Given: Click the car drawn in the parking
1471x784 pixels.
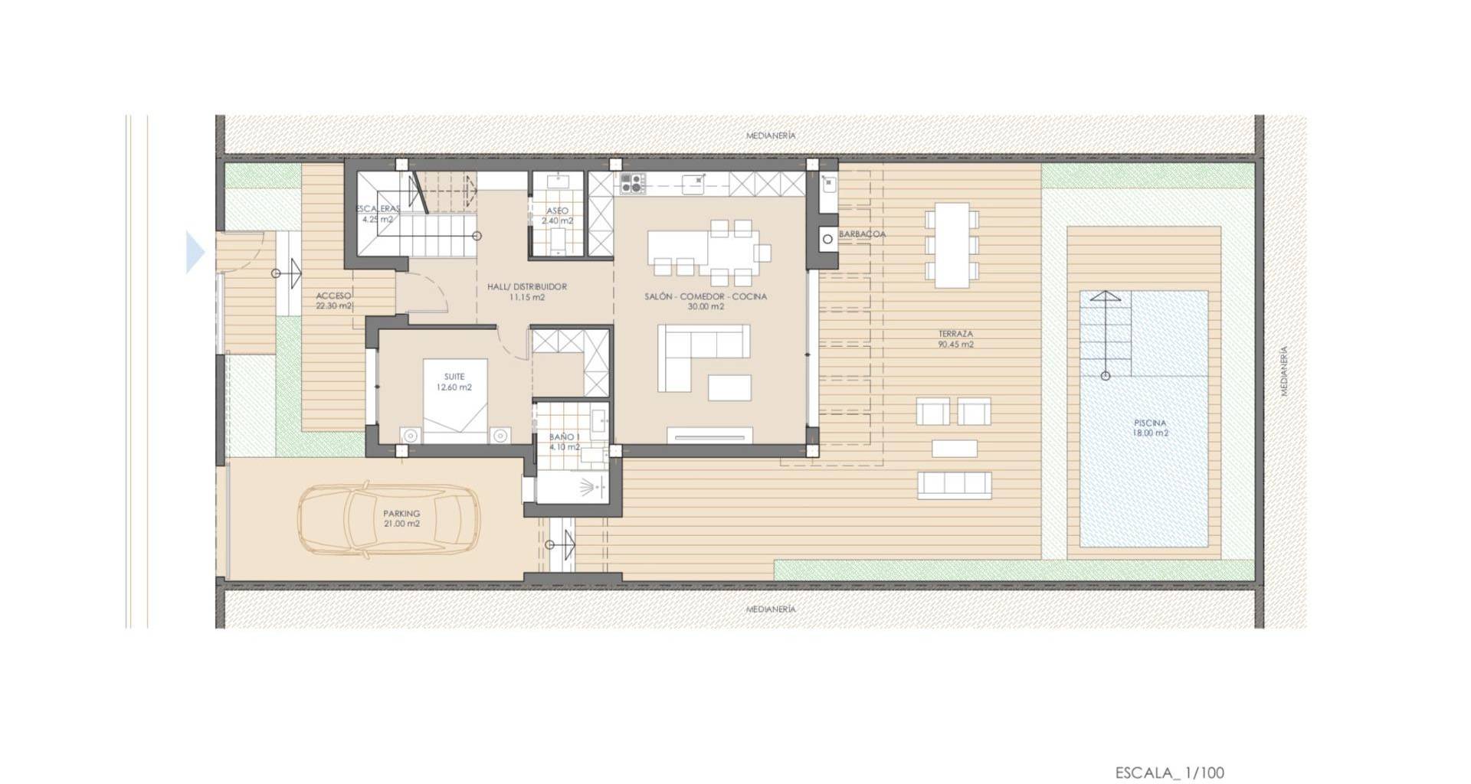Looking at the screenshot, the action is click(x=388, y=518).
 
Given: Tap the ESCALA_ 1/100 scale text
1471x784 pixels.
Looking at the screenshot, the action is click(x=1169, y=773).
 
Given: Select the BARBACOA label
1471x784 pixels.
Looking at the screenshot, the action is click(x=862, y=234).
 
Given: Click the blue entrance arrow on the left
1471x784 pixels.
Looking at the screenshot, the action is click(x=195, y=252).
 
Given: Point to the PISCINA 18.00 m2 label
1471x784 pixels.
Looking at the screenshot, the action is click(x=1150, y=428).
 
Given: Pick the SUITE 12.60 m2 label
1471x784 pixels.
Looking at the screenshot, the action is click(x=454, y=382).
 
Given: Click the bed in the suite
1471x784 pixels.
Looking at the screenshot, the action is click(x=455, y=400).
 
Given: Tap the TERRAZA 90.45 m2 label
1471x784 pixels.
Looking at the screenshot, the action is click(x=955, y=339).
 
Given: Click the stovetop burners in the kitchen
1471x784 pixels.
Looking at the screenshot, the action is click(x=632, y=183).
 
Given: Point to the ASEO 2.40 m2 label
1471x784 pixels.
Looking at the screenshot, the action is click(x=557, y=216).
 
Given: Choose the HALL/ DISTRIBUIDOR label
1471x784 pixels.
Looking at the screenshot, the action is click(x=527, y=287).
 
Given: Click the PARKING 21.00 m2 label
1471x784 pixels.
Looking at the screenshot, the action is click(x=402, y=519).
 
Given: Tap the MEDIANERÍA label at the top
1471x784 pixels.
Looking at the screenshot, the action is click(x=771, y=136).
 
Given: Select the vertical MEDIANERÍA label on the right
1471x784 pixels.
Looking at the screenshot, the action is click(x=1284, y=371).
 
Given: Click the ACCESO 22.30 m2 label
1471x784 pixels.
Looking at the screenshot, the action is click(x=334, y=301).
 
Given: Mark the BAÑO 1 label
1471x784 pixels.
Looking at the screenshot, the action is click(x=564, y=437).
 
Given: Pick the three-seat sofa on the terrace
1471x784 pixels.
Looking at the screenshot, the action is click(x=954, y=483).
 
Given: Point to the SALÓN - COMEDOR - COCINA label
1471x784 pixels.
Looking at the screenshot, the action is click(x=706, y=296).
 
